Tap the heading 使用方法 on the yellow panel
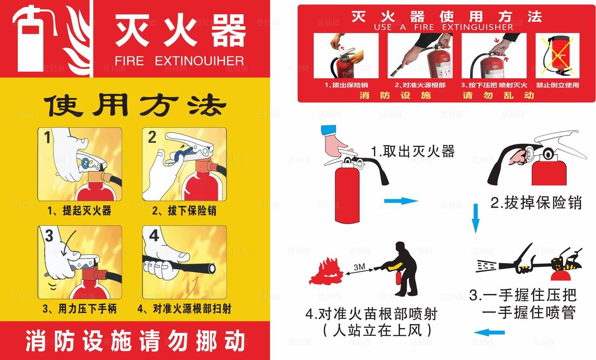click(135, 106)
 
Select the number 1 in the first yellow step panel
click(47, 138)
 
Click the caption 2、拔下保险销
click(184, 211)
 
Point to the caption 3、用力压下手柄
click(79, 308)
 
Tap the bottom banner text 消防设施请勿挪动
click(135, 341)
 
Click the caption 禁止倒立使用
click(557, 85)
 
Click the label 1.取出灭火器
click(413, 151)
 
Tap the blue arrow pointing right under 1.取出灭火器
click(401, 201)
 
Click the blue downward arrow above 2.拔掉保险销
click(475, 218)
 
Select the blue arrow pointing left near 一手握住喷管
click(489, 333)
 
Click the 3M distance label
click(359, 267)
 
